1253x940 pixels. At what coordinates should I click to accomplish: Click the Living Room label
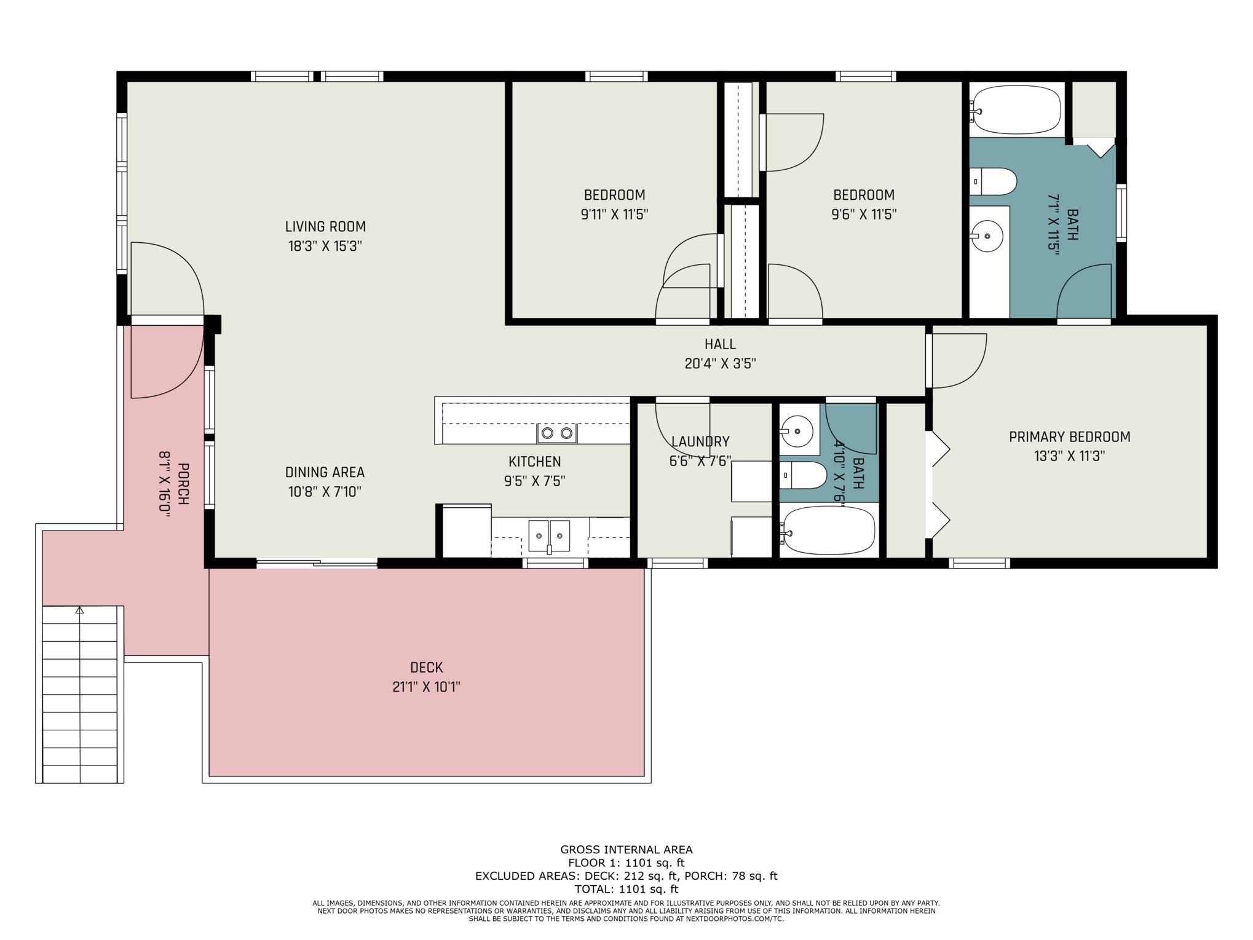[x=325, y=226]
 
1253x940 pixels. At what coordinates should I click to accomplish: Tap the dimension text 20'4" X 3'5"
[x=720, y=363]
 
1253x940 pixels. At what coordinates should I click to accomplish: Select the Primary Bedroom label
[x=1069, y=436]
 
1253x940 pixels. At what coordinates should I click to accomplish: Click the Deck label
[x=426, y=667]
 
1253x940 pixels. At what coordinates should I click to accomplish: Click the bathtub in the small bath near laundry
[x=828, y=530]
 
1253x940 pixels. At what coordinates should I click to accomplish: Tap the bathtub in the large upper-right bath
[x=1016, y=109]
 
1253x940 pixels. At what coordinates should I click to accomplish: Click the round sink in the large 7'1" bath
[x=987, y=235]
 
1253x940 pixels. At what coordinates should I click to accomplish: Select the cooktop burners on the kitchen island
[x=557, y=433]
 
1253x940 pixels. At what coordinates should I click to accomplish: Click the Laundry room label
[x=700, y=441]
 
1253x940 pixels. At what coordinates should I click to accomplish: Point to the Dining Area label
[x=325, y=472]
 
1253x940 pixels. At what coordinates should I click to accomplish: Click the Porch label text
[x=183, y=484]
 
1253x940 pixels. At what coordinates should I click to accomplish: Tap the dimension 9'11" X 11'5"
[x=614, y=215]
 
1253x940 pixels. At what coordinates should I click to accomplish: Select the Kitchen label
[x=534, y=461]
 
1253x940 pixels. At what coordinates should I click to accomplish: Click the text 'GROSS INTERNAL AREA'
[x=626, y=850]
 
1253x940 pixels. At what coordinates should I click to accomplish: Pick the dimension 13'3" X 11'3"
[x=1069, y=456]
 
